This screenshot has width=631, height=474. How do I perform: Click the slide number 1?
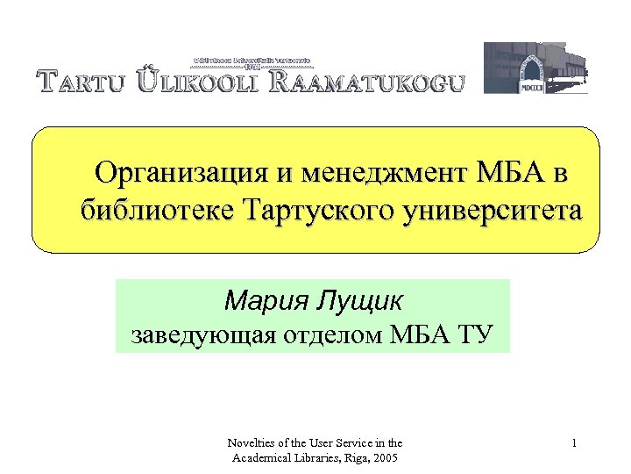573,444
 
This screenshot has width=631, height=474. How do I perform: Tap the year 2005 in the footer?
386,459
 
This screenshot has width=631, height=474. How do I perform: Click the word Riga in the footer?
353,459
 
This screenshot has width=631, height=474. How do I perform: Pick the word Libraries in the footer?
310,459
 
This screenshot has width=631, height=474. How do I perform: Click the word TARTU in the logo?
84,83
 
